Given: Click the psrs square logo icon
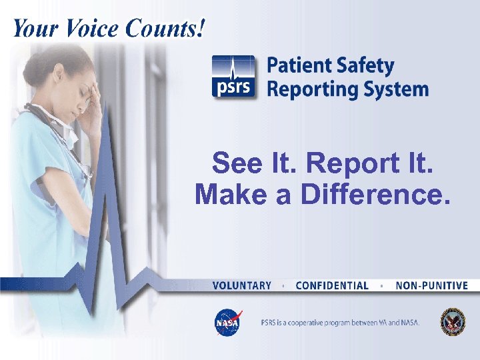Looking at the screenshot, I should [233, 77].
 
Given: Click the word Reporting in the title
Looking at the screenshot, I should [308, 89].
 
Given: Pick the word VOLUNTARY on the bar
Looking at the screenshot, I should [241, 285].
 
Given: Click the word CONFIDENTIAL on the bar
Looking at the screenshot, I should [331, 285].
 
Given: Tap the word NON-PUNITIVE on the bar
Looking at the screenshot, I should [431, 285].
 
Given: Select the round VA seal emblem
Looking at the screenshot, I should [453, 322].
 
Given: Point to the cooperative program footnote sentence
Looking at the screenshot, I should [340, 323].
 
